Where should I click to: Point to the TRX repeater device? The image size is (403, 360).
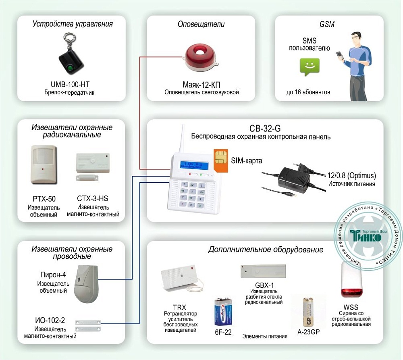[x=178, y=279]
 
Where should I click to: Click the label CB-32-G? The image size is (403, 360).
[x=261, y=129]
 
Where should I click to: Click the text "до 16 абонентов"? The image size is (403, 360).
[x=308, y=92]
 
